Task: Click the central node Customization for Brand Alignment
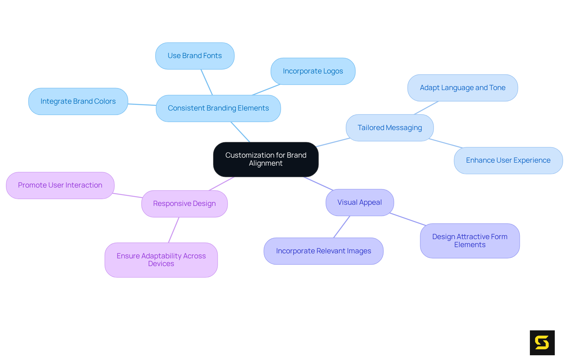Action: [266, 159]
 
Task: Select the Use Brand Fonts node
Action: [195, 56]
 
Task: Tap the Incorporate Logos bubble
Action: [313, 71]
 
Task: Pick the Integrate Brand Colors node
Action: [78, 101]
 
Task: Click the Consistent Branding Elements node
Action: [218, 108]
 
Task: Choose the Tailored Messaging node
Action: [390, 128]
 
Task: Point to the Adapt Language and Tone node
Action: [462, 88]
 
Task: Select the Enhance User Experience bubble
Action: [508, 160]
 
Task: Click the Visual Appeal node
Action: [359, 202]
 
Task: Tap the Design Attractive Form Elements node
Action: [470, 241]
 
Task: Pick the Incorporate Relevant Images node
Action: [323, 251]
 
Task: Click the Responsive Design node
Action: [184, 204]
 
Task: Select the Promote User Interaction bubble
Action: [60, 185]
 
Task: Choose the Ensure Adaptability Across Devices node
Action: [161, 260]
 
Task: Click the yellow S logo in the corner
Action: [542, 343]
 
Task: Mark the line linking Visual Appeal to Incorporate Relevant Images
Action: [342, 227]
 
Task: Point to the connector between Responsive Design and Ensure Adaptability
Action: [174, 230]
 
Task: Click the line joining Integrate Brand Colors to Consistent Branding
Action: [142, 105]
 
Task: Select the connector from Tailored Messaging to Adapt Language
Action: [426, 108]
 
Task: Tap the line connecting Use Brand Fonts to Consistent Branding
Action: [207, 82]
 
